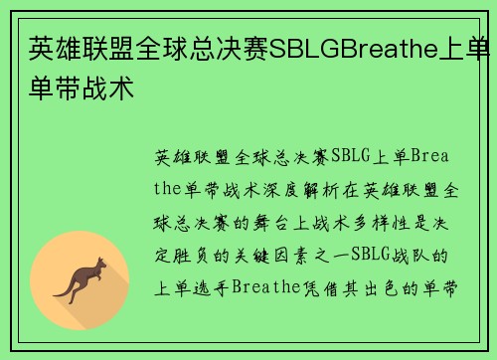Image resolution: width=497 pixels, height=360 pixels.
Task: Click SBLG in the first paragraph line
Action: (351, 156)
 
